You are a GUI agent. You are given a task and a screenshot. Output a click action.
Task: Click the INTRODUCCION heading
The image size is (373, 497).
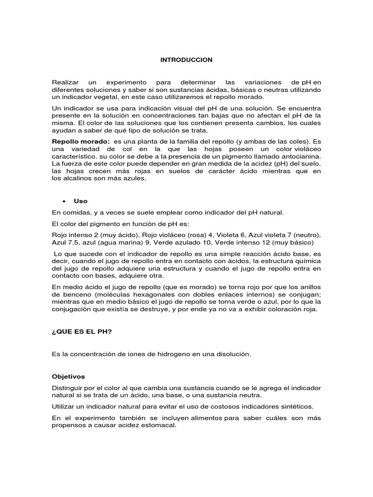pos(186,60)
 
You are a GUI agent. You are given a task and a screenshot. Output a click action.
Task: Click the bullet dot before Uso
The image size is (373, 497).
pos(64,201)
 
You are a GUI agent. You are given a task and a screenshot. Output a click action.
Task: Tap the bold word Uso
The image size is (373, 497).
pos(80,201)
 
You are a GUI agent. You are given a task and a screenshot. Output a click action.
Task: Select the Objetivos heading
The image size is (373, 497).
pos(68,376)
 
